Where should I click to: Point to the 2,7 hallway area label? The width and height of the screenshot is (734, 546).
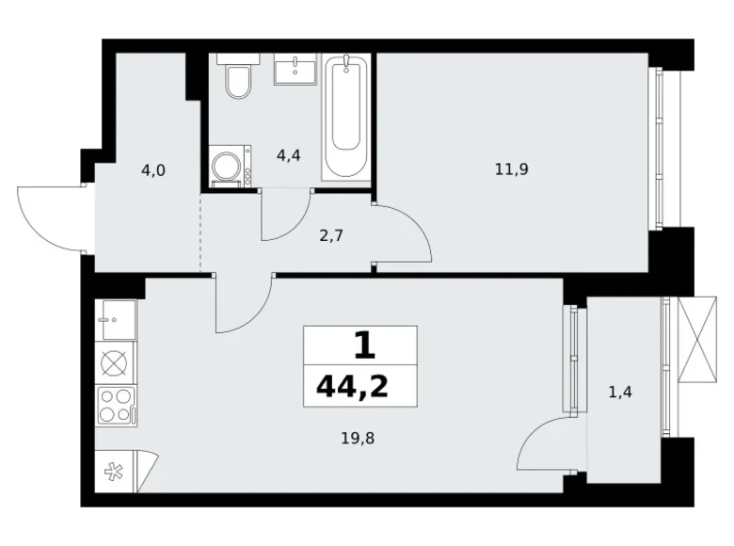pyautogui.click(x=331, y=235)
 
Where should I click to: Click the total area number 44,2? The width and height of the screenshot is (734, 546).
pyautogui.click(x=359, y=385)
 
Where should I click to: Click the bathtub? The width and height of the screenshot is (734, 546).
pyautogui.click(x=347, y=116)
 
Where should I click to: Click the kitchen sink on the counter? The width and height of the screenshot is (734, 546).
pyautogui.click(x=116, y=319)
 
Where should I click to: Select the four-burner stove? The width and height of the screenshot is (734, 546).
pyautogui.click(x=116, y=406)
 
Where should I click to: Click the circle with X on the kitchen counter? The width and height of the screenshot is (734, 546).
pyautogui.click(x=116, y=362)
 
